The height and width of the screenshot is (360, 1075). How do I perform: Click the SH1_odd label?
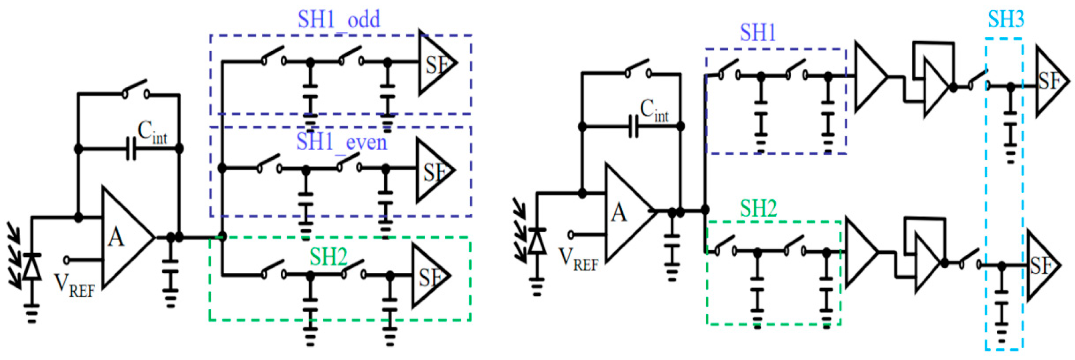339,20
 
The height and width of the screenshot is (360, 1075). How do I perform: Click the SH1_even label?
341,142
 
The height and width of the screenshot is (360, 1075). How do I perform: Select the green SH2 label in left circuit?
328,257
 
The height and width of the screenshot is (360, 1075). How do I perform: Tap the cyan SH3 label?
1006,19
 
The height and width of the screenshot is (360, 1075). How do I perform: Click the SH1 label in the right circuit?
758,33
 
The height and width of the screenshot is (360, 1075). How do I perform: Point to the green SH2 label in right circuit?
758,208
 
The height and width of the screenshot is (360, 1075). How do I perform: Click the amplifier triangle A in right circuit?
626,212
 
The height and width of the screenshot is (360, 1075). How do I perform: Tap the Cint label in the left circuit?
152,133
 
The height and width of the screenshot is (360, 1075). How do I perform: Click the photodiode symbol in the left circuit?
32,267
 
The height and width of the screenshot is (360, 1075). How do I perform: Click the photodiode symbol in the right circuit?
537,242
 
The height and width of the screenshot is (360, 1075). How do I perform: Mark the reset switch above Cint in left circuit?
135,89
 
